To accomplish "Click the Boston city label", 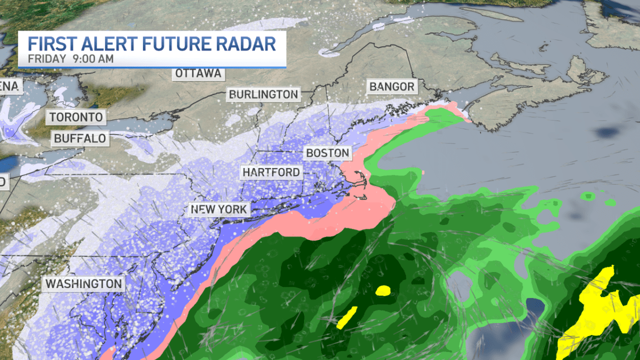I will pyautogui.click(x=327, y=153).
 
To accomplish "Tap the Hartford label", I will pyautogui.click(x=271, y=172).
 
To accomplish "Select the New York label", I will pyautogui.click(x=219, y=209).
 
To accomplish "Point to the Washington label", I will pyautogui.click(x=84, y=284).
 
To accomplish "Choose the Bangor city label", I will pyautogui.click(x=391, y=86).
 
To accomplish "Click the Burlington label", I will pyautogui.click(x=263, y=94).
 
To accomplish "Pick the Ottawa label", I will pyautogui.click(x=197, y=73).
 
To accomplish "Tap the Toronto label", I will pyautogui.click(x=76, y=116).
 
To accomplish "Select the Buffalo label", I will pyautogui.click(x=80, y=139).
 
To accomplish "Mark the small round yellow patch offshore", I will pyautogui.click(x=383, y=291).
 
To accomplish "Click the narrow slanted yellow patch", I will pyautogui.click(x=347, y=317).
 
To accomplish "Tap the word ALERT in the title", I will pyautogui.click(x=105, y=43).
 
